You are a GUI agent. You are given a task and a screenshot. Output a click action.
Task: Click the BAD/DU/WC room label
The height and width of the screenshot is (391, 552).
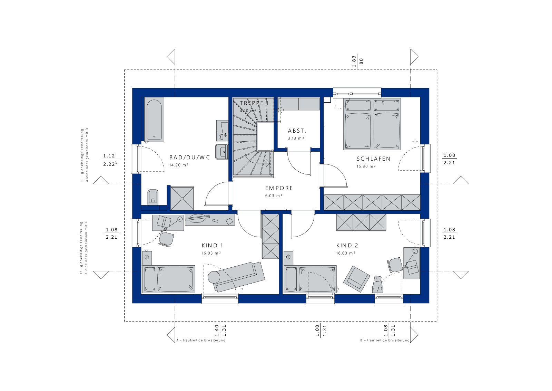(189, 158)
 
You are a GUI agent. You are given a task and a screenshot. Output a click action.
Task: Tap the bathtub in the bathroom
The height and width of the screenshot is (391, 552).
(154, 120)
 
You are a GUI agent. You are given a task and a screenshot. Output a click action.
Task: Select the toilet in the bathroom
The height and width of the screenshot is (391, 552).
(153, 197)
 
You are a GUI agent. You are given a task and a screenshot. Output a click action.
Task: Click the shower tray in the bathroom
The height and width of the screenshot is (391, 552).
(182, 198)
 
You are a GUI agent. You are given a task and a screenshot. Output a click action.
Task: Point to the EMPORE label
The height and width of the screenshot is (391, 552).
(279, 188)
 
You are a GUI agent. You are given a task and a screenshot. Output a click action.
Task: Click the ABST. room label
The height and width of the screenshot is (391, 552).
(297, 131)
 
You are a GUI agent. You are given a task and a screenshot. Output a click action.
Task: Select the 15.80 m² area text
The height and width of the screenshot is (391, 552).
(366, 166)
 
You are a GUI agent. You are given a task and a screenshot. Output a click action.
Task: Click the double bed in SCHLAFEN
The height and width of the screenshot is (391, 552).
(372, 124)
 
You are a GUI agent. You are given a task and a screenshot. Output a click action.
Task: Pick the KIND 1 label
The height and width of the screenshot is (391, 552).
(212, 246)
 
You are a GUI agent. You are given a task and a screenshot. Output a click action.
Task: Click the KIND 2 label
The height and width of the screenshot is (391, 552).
(347, 246)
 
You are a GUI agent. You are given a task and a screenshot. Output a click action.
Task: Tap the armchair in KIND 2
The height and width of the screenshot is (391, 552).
(356, 278)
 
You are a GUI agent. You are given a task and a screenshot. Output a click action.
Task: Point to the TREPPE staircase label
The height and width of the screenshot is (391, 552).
(254, 103)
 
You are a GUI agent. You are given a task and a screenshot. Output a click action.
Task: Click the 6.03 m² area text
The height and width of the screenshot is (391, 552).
(274, 196)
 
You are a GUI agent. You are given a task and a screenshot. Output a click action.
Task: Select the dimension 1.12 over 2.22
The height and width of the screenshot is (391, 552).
(110, 160)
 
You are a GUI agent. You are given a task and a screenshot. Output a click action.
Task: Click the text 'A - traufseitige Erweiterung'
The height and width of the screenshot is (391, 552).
(201, 341)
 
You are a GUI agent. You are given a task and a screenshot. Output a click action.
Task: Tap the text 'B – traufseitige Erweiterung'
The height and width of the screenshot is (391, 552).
(385, 341)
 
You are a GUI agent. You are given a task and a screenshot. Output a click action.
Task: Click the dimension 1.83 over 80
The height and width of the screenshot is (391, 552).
(357, 61)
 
